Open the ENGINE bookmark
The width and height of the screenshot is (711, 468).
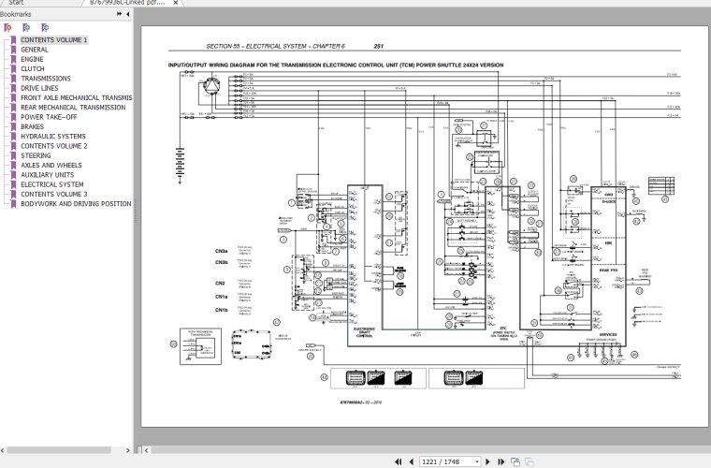click(33, 59)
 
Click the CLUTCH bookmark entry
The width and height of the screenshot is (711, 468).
click(33, 68)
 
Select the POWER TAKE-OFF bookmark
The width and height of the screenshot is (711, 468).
click(50, 117)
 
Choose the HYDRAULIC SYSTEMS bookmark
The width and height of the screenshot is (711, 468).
click(52, 137)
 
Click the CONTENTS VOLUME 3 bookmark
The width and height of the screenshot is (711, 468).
click(53, 194)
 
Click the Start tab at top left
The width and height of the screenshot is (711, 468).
click(16, 4)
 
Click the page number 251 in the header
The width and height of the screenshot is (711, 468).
click(378, 47)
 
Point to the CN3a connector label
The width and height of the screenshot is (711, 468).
click(221, 252)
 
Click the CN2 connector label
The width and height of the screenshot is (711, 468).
click(220, 283)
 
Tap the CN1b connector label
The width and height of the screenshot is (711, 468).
click(221, 310)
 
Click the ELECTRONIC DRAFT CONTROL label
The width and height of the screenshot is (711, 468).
click(364, 332)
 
